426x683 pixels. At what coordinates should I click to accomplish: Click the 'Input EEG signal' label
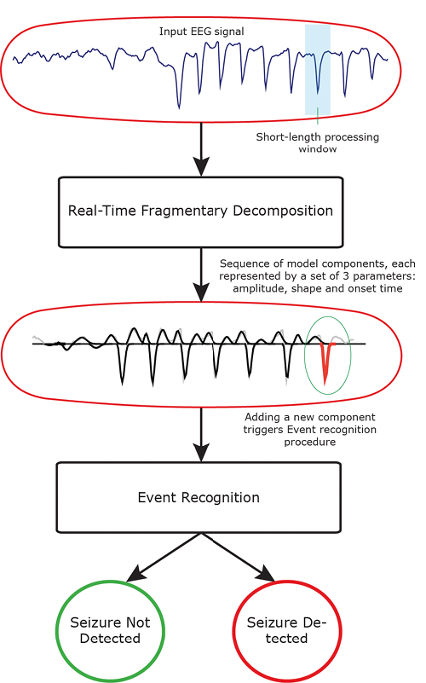[201, 32]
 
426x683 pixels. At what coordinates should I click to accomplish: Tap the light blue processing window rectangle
[318, 70]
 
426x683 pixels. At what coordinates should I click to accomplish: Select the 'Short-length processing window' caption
[317, 143]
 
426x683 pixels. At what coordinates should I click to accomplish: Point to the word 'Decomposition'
[283, 211]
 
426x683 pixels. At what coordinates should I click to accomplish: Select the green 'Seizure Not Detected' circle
[110, 582]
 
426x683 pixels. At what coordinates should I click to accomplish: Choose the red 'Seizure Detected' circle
[287, 582]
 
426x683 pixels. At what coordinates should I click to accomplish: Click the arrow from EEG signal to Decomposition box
[201, 149]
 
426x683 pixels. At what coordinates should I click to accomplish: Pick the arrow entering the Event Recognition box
[201, 434]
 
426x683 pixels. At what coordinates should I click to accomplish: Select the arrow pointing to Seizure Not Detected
[164, 558]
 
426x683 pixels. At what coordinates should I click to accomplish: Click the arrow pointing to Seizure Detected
[238, 558]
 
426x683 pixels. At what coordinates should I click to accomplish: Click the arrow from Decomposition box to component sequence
[201, 275]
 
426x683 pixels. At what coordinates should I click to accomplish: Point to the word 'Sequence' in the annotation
[239, 263]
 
